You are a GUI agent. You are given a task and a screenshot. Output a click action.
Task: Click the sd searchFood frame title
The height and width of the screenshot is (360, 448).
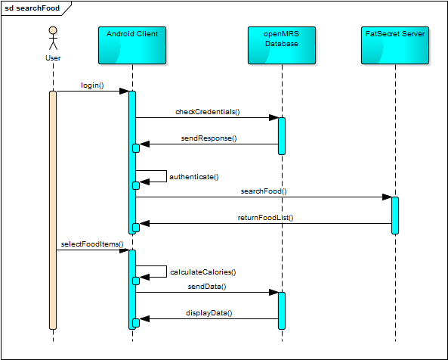tap(32, 8)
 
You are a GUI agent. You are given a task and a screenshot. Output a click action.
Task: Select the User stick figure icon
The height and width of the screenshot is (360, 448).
tap(53, 39)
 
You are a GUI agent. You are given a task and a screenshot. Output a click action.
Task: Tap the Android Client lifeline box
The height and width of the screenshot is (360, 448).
tap(132, 45)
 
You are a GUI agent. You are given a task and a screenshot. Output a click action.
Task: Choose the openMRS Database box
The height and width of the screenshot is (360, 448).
tap(282, 45)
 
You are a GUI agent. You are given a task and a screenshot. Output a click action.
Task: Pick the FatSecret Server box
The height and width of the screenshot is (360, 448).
tap(395, 45)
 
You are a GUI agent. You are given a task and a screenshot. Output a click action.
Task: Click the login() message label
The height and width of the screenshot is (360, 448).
tap(92, 85)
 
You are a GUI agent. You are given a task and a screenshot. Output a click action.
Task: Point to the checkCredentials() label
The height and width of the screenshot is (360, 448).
tap(208, 111)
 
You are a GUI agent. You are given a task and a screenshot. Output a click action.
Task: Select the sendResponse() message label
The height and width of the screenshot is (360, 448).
tap(209, 138)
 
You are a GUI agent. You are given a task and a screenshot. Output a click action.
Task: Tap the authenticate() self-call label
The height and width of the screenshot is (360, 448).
tap(194, 177)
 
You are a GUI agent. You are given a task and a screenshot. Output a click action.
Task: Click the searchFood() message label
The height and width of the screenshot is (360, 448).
tap(264, 191)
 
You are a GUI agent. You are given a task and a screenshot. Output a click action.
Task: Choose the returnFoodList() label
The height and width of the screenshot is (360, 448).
tap(265, 218)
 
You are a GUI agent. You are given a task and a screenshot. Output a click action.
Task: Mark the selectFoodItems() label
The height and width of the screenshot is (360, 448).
tap(92, 244)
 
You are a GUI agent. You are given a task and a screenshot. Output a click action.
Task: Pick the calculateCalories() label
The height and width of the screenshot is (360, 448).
tap(203, 272)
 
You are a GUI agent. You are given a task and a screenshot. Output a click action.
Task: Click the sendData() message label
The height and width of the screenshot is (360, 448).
tap(207, 286)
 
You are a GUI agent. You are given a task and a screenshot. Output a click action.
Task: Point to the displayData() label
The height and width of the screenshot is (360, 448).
tap(209, 313)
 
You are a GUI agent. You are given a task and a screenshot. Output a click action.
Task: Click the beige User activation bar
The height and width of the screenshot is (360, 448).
tap(53, 210)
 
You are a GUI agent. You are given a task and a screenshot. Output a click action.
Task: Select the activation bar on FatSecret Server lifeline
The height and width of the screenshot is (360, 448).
tap(395, 216)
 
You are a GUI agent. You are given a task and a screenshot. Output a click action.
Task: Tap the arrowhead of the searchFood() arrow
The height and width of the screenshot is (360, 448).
tap(387, 197)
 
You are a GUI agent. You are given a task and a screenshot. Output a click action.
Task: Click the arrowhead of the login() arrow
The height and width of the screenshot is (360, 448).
tap(124, 92)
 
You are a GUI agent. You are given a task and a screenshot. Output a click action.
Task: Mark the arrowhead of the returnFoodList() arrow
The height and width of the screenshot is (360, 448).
tap(144, 223)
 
